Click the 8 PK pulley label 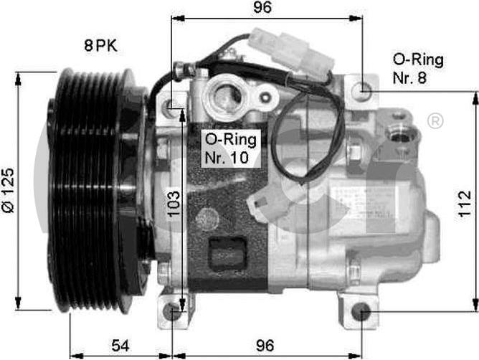100,46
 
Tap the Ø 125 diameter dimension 9,190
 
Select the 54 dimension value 120,346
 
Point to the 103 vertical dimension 174,204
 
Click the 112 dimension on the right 465,204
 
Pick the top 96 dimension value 262,7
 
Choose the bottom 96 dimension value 265,346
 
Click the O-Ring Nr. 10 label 231,148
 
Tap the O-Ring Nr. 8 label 418,69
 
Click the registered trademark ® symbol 435,121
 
